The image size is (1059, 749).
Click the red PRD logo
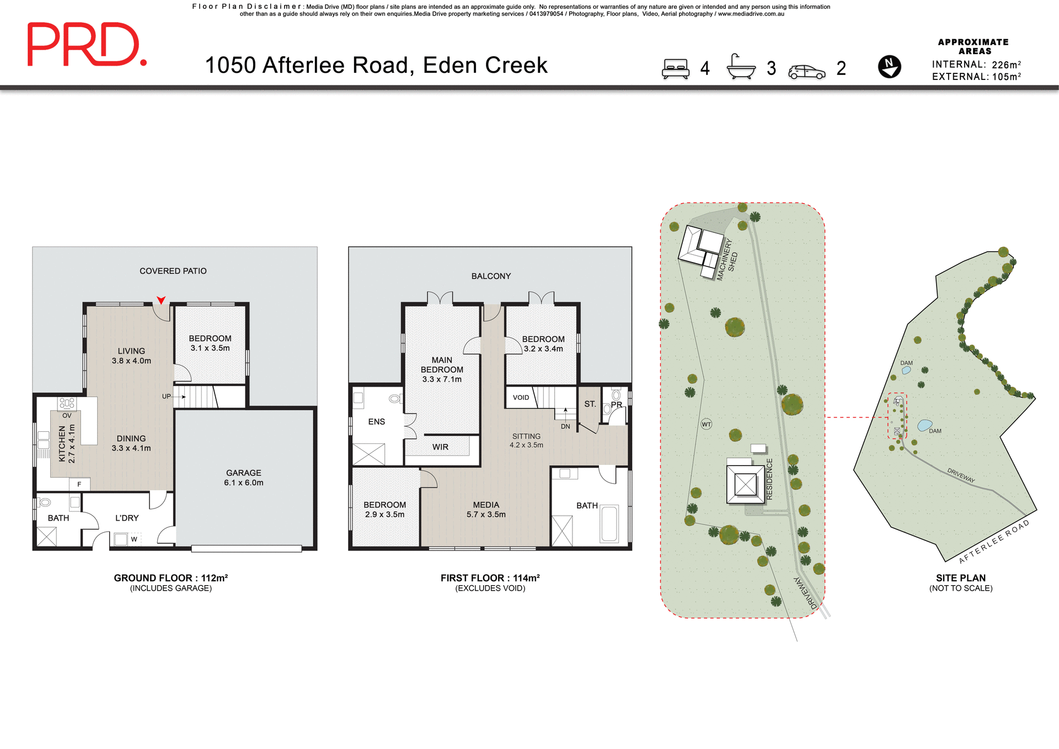[87, 45]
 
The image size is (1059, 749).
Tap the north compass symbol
[889, 67]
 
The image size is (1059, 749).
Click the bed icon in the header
[676, 68]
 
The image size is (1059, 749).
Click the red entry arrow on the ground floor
[161, 300]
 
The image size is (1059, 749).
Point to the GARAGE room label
[243, 473]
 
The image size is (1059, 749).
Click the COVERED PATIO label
[173, 271]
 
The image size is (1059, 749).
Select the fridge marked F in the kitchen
[79, 484]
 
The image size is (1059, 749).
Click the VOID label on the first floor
[521, 397]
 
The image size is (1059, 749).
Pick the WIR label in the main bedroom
[440, 447]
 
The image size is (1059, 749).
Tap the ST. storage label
[590, 404]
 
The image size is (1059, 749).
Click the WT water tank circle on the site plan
[707, 424]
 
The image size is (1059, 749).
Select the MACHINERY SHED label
[728, 259]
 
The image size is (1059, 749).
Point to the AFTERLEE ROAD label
[993, 541]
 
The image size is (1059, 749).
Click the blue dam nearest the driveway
[924, 425]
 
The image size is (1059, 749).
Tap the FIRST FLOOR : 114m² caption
[490, 577]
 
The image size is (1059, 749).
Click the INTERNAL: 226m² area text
[976, 65]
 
